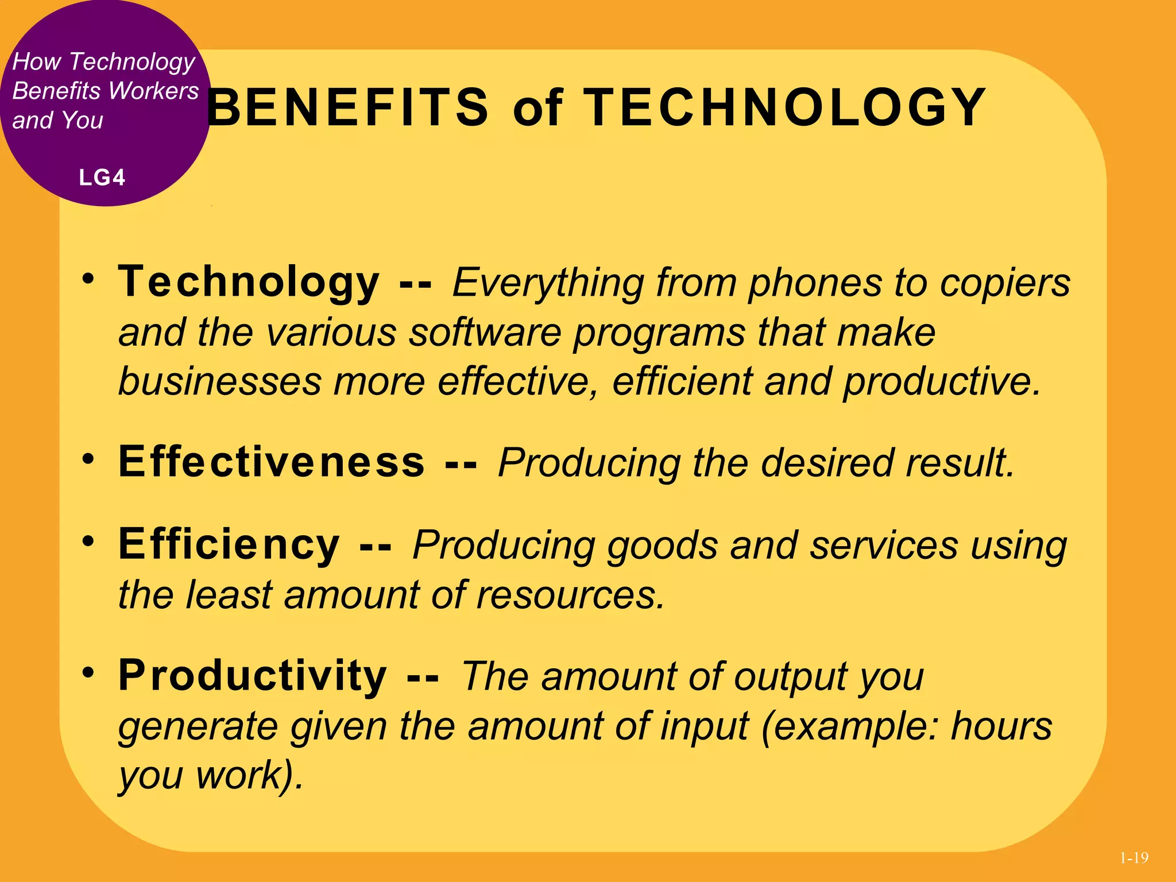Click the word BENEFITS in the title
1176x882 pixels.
tap(348, 107)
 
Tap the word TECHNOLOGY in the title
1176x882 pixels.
tap(784, 107)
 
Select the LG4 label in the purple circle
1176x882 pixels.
tap(102, 177)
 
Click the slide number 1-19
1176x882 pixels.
tap(1134, 858)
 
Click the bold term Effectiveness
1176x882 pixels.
tap(272, 462)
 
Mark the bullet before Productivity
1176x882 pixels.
tap(88, 672)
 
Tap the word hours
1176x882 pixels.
tap(1001, 726)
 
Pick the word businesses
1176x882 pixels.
tap(220, 381)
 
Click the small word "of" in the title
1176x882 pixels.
tap(537, 109)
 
